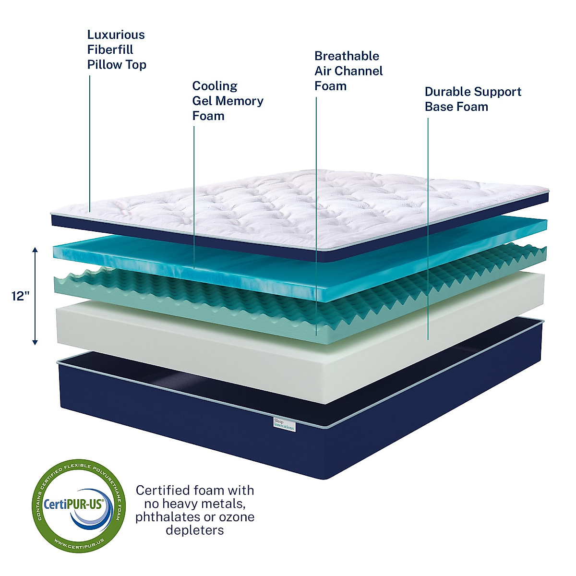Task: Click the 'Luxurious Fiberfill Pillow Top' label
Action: click(x=116, y=49)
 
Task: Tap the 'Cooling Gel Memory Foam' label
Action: click(x=228, y=101)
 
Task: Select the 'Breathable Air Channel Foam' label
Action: click(x=348, y=71)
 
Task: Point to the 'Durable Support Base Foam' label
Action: click(x=473, y=99)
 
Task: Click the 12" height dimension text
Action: click(x=21, y=296)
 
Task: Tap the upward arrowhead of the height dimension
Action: click(x=35, y=250)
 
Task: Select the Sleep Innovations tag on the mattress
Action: click(x=284, y=424)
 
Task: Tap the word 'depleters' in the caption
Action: click(x=194, y=530)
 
